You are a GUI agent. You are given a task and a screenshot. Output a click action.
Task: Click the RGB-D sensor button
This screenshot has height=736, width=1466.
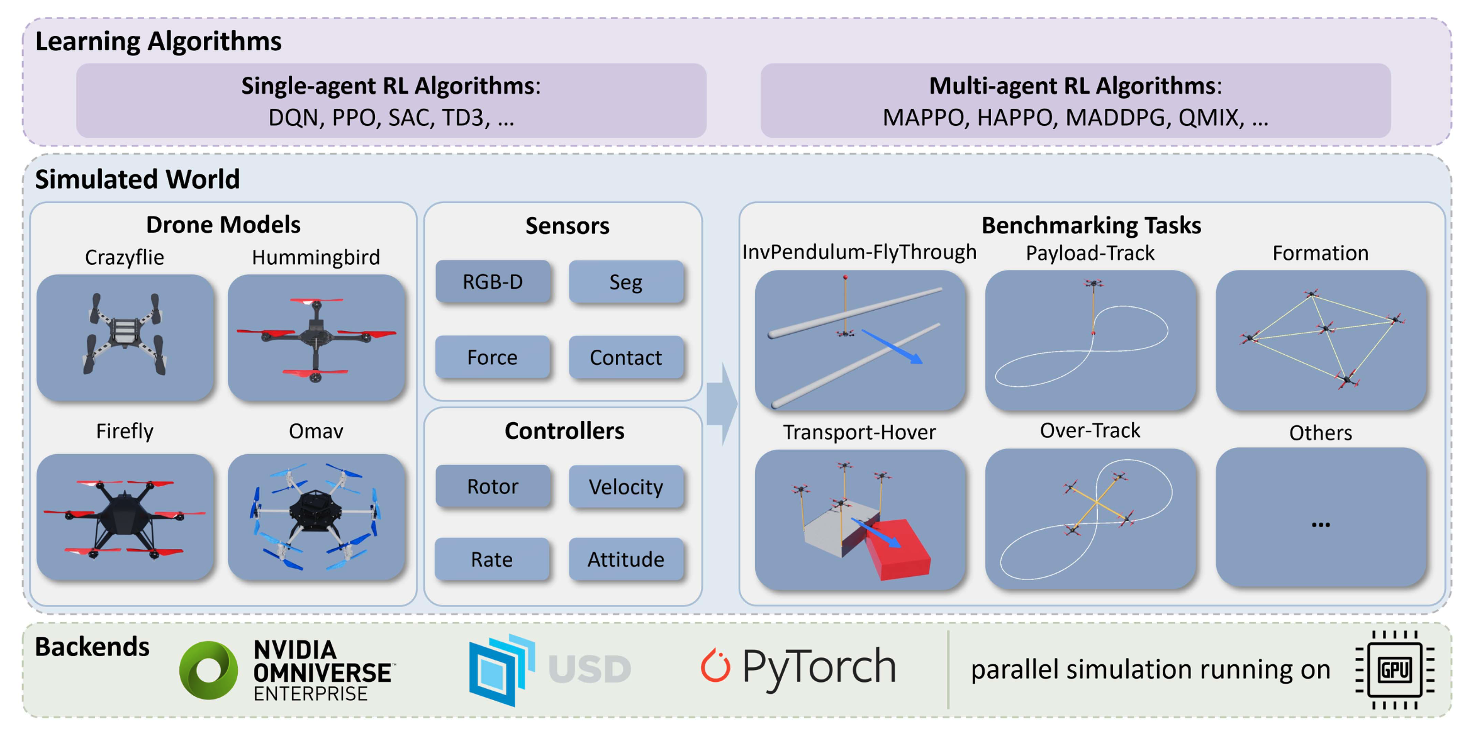[x=493, y=281]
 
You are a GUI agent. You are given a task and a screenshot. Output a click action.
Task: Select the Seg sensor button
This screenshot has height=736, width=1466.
[x=625, y=282]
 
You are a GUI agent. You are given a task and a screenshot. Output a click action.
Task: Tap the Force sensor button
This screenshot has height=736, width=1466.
[x=492, y=357]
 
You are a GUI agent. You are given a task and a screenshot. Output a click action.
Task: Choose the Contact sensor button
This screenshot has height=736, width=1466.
[x=625, y=357]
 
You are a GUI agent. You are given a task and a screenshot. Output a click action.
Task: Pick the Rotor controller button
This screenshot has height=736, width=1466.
[x=492, y=486]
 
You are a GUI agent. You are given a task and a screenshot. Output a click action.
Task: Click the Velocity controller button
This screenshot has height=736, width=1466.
[x=625, y=486]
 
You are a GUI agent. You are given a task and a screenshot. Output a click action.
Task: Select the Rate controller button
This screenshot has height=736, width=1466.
[x=491, y=559]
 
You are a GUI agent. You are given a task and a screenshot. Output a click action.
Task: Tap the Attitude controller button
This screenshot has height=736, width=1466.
[x=625, y=559]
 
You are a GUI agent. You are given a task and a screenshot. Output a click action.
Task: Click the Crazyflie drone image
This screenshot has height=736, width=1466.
[x=125, y=337]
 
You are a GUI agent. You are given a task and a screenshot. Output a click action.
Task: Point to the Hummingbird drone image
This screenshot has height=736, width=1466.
[x=316, y=338]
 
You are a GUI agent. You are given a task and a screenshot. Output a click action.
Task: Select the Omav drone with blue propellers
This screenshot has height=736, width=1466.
[x=316, y=516]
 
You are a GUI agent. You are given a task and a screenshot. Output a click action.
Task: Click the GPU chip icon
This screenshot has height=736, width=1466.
[x=1395, y=670]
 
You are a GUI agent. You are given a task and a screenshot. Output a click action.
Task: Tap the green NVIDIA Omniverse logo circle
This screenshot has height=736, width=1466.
[x=208, y=670]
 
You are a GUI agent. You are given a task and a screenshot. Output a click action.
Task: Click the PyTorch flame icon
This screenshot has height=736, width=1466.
[x=715, y=666]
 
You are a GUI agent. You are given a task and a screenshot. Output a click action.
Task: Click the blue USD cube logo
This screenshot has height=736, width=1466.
[x=501, y=669]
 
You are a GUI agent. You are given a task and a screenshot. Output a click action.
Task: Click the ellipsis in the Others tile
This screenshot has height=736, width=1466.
[x=1320, y=524]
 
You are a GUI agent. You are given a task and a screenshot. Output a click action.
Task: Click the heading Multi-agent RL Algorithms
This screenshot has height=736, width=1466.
[x=1075, y=86]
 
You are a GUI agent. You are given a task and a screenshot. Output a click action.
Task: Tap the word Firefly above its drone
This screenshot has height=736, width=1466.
[x=125, y=431]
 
